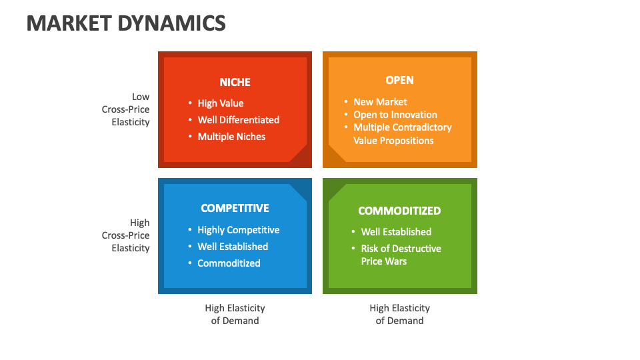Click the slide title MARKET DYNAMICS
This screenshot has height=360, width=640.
click(x=126, y=23)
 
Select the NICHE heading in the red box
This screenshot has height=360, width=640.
click(x=235, y=82)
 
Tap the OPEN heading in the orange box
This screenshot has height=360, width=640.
click(x=399, y=80)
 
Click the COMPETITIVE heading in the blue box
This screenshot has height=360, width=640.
click(x=235, y=208)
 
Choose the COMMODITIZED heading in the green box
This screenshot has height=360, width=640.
click(x=399, y=211)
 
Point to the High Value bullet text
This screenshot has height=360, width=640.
click(x=221, y=103)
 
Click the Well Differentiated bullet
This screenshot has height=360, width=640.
click(x=238, y=120)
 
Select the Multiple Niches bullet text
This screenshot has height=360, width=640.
click(x=231, y=137)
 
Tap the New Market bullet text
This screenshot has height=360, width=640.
click(x=380, y=102)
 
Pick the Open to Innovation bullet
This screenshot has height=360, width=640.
click(x=395, y=115)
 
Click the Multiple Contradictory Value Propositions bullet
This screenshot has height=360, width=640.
click(x=401, y=134)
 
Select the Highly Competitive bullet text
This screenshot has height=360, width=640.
click(x=238, y=230)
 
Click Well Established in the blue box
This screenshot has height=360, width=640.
click(x=233, y=247)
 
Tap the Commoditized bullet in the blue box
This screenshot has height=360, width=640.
click(x=229, y=263)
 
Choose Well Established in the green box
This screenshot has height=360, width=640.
click(x=396, y=232)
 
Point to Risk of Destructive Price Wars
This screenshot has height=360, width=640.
click(x=401, y=255)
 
